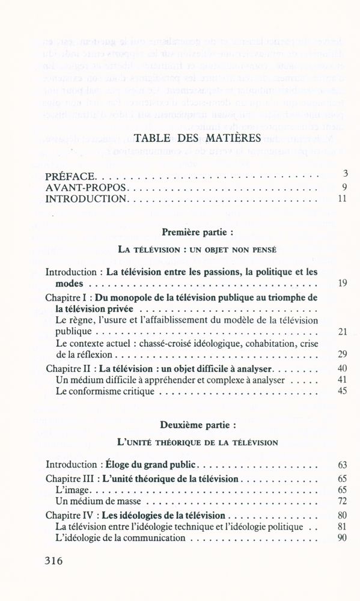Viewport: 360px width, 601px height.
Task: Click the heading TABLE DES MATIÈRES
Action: [x=198, y=138]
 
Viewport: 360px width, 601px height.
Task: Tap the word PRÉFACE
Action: [x=70, y=177]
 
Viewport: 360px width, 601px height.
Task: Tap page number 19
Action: [x=342, y=283]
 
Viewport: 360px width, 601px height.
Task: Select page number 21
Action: [x=342, y=331]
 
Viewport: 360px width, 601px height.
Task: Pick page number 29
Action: [x=342, y=354]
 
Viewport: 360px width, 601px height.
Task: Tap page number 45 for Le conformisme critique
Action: [x=342, y=391]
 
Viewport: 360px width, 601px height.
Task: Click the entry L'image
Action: [x=71, y=490]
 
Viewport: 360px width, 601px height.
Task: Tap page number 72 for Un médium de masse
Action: [x=342, y=501]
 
